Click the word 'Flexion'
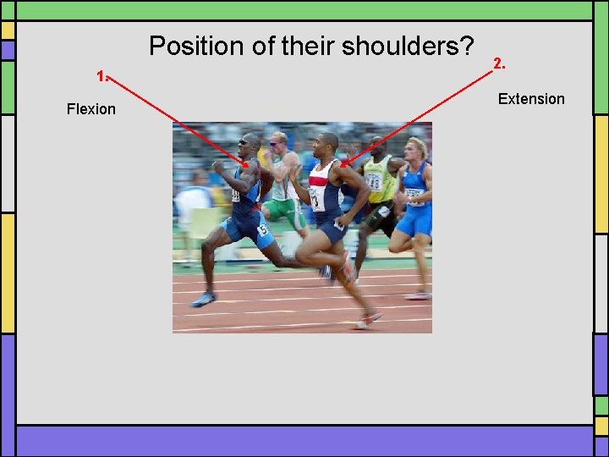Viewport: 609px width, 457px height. tap(91, 109)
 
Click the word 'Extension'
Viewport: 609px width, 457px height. tap(530, 99)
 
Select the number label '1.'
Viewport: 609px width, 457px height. tap(102, 76)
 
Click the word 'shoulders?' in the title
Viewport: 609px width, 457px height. tap(408, 46)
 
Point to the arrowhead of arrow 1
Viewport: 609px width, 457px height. tap(245, 163)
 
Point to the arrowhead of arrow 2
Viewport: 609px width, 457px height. tap(343, 164)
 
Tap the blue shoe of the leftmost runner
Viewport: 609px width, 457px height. tap(203, 299)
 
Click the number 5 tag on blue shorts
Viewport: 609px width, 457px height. tap(263, 228)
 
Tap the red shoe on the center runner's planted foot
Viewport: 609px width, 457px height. tap(368, 320)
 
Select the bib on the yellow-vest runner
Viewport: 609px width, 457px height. tap(373, 181)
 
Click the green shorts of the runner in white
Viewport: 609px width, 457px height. tap(286, 212)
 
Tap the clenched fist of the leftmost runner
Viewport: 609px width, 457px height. tap(217, 168)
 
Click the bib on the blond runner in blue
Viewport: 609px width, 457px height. tap(414, 196)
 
